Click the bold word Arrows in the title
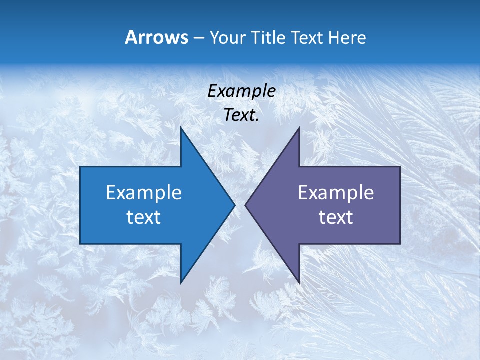click(156, 37)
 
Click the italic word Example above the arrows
click(241, 91)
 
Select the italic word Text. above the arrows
click(241, 115)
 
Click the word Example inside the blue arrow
click(144, 193)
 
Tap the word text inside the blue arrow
click(144, 217)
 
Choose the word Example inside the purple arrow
click(336, 193)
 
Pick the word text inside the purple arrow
click(336, 217)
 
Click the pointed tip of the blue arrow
click(235, 205)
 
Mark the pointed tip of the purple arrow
click(245, 205)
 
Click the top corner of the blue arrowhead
click(181, 127)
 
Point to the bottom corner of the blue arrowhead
click(181, 283)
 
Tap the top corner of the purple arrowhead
click(299, 127)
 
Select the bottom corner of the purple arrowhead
click(299, 283)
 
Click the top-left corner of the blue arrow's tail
click(80, 167)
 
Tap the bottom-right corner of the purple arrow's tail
click(400, 244)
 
